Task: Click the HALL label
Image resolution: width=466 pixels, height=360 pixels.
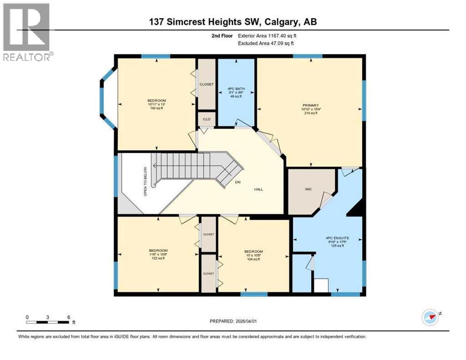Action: [x=258, y=189]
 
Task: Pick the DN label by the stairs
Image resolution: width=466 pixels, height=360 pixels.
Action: [x=238, y=183]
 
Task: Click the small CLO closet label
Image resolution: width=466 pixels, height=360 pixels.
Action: [x=206, y=119]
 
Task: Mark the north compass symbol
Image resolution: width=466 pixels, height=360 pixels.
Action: [x=430, y=317]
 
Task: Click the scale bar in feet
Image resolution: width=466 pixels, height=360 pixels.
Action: [x=48, y=322]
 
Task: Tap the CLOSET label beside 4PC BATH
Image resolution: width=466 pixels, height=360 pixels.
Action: [x=206, y=84]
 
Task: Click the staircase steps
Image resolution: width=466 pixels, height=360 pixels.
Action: [x=188, y=166]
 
